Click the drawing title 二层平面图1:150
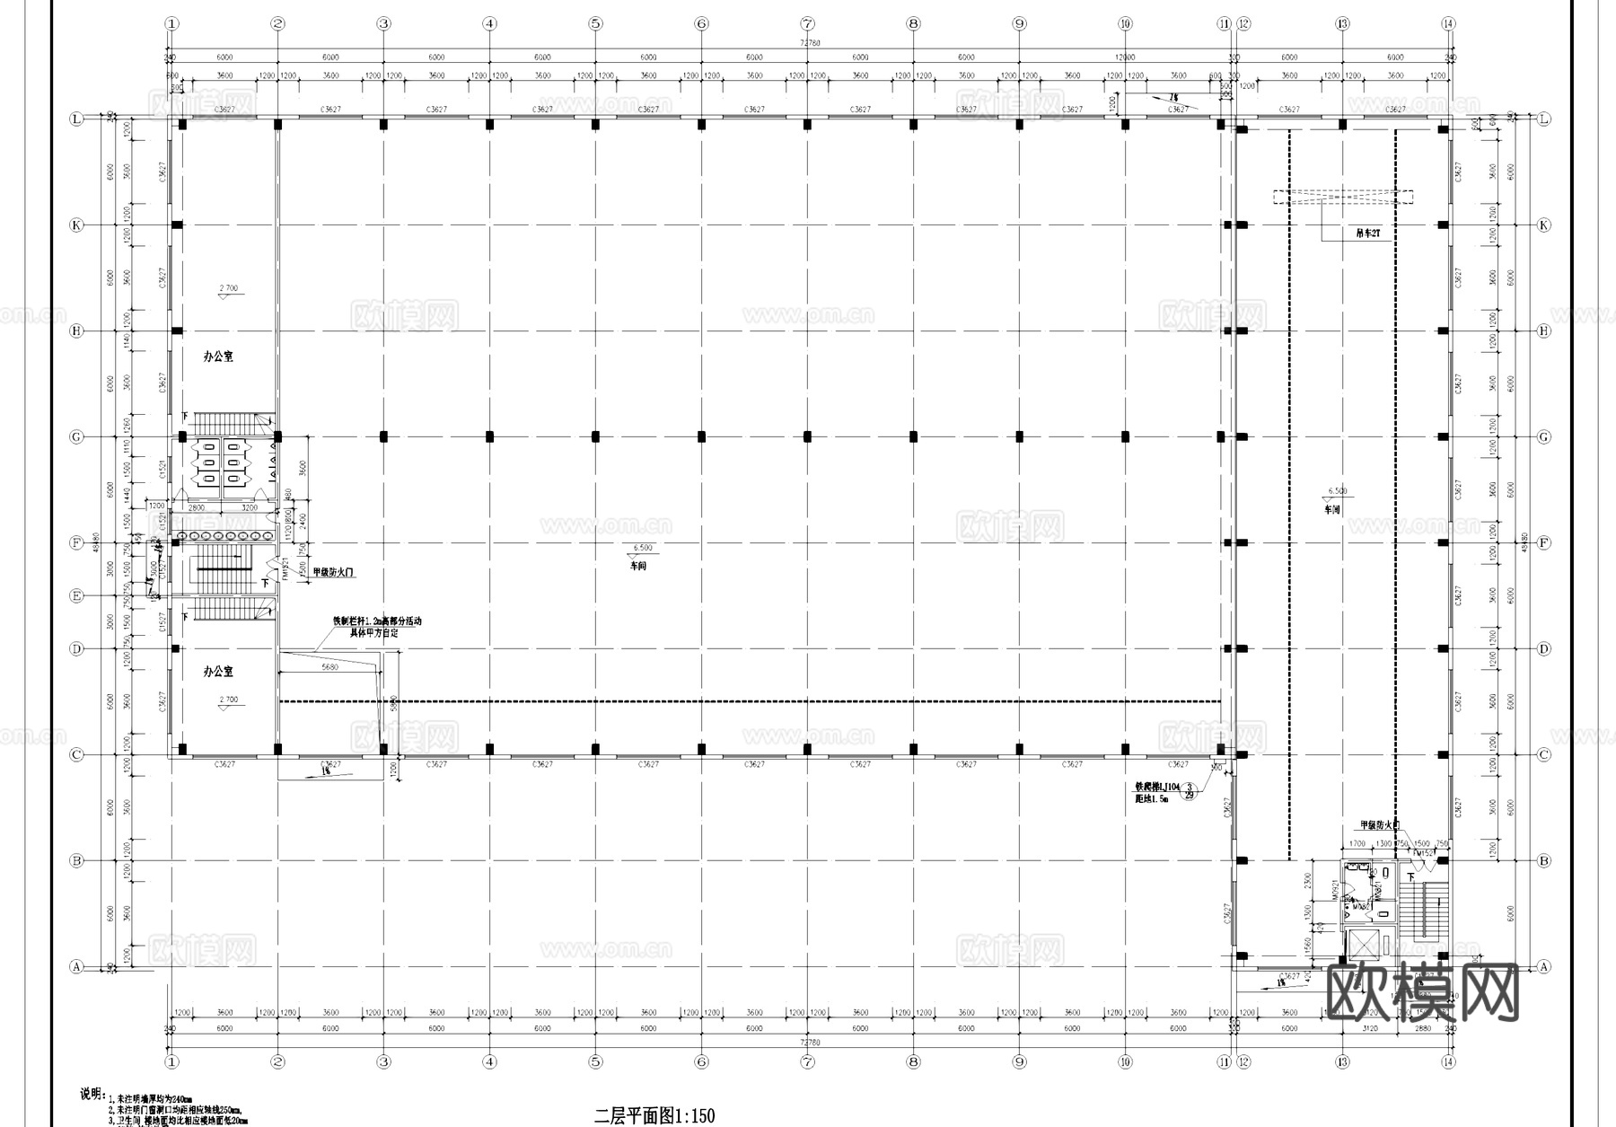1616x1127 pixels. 654,1116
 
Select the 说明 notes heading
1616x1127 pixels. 92,1094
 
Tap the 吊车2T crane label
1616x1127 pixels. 1366,233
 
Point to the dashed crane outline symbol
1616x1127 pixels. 1342,196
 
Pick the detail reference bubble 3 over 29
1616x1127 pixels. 1190,791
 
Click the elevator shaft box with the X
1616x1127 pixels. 1366,947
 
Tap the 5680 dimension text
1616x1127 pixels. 329,667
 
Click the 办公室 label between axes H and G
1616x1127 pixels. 218,357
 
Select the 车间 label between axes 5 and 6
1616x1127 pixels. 637,567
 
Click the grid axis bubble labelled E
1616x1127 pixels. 76,595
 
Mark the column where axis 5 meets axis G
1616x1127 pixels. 595,436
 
